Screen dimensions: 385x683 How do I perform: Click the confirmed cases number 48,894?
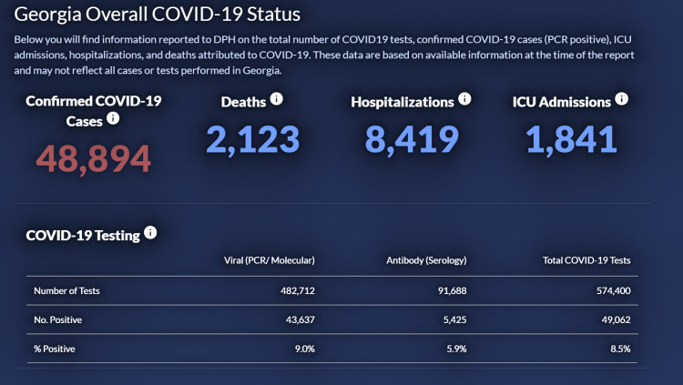tap(94, 158)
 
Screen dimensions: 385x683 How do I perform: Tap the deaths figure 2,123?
tap(252, 139)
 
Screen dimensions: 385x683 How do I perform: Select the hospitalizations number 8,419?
tap(411, 139)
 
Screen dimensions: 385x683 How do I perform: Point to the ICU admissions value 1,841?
tap(571, 139)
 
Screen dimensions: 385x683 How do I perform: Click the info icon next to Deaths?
tap(277, 98)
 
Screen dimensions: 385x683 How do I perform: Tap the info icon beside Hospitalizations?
tap(464, 98)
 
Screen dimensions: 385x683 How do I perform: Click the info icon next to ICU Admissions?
tap(622, 98)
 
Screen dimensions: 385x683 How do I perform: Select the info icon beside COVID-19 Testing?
tap(150, 232)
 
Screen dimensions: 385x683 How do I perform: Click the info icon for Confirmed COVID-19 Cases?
tap(114, 118)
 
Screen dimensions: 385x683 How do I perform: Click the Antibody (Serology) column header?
tap(426, 260)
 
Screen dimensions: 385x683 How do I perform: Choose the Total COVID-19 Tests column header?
tap(585, 260)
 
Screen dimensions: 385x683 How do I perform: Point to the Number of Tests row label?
tap(66, 291)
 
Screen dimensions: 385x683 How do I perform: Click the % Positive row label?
tap(55, 349)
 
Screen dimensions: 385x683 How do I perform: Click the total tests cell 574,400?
tap(610, 291)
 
